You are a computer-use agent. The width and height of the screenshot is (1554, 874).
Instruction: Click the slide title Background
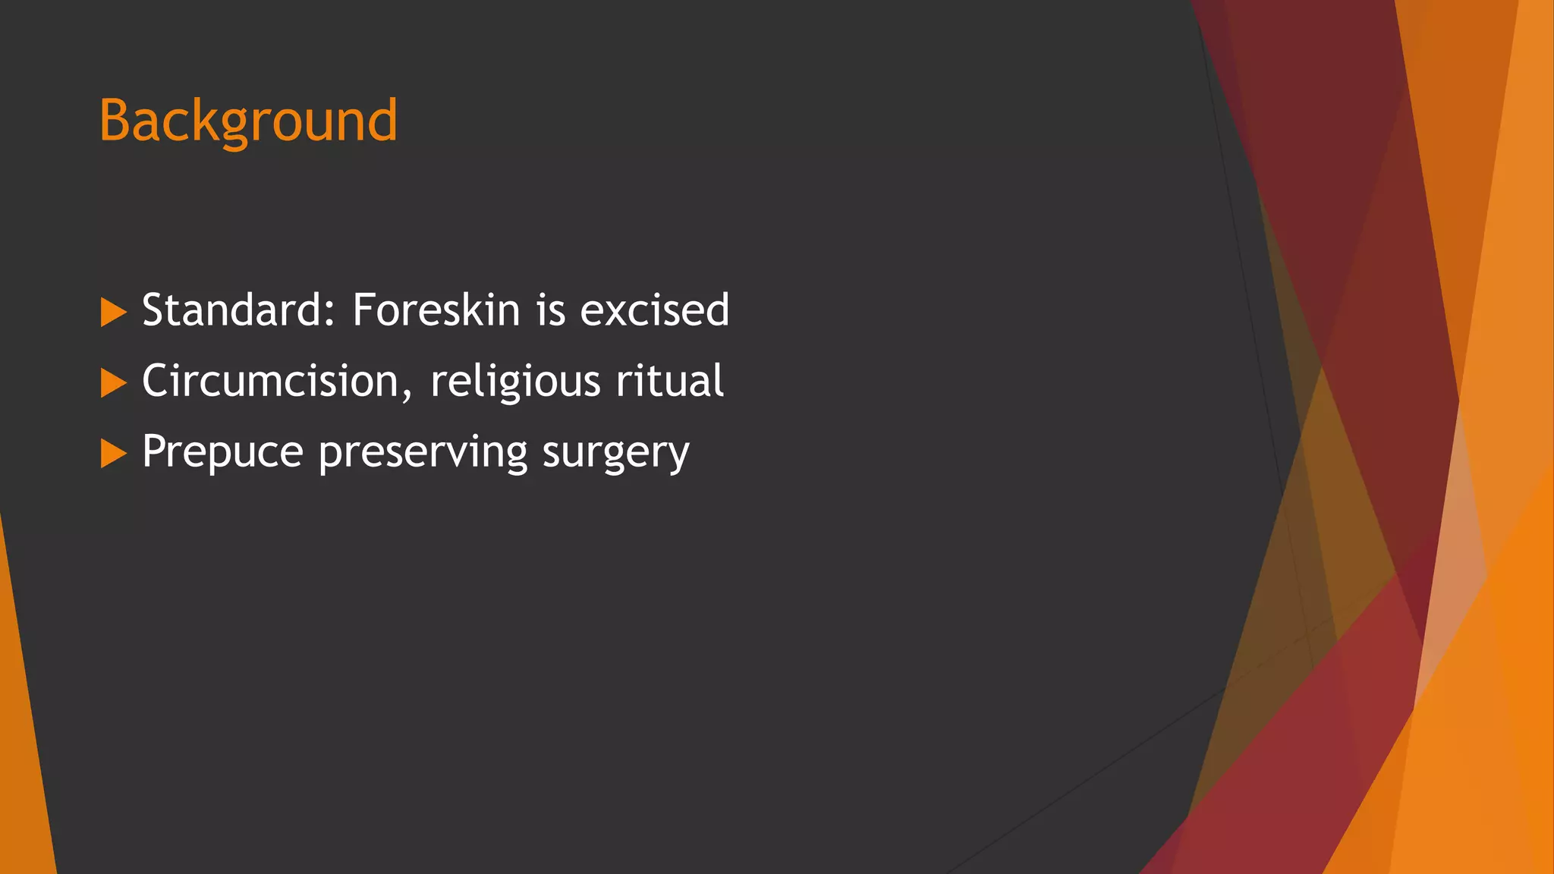[x=248, y=121]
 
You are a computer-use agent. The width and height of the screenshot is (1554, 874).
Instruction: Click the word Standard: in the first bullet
[x=238, y=310]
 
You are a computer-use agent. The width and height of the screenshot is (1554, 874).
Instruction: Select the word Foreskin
[x=436, y=310]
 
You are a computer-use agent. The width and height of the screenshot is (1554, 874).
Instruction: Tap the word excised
[x=654, y=310]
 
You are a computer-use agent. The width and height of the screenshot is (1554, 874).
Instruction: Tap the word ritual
[x=669, y=381]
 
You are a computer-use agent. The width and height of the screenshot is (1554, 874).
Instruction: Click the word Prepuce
[x=222, y=453]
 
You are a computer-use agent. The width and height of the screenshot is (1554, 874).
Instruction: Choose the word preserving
[x=422, y=453]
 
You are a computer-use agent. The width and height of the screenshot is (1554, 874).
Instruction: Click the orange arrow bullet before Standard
[x=113, y=312]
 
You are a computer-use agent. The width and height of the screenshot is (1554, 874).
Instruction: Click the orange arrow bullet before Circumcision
[x=113, y=382]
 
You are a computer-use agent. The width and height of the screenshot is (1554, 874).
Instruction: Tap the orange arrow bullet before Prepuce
[x=113, y=453]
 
